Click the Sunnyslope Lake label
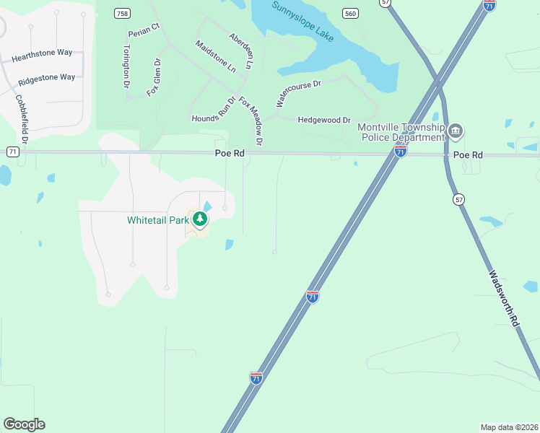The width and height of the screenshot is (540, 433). [302, 21]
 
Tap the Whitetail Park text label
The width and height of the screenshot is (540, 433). [158, 219]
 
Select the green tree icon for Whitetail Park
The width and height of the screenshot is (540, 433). [200, 219]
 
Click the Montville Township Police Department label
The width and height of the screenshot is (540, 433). [401, 132]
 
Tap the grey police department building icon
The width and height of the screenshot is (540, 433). [455, 131]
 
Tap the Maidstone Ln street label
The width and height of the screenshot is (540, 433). [216, 56]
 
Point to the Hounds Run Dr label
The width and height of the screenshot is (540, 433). [214, 110]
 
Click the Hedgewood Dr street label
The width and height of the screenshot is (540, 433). [324, 120]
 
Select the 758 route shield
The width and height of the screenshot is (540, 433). [123, 13]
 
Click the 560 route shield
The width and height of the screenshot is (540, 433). [350, 13]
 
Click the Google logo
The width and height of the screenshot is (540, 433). [24, 424]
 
